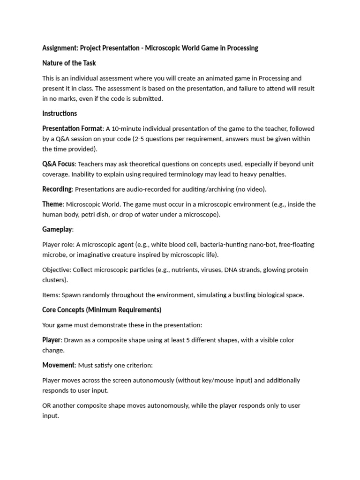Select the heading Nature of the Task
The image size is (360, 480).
tap(69, 63)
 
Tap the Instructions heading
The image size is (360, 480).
tap(60, 113)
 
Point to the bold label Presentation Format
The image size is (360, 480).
tap(72, 128)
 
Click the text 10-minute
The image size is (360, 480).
tap(127, 129)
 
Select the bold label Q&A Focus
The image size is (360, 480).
tap(59, 164)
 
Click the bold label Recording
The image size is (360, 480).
tap(57, 189)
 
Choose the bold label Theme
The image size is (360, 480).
tap(52, 204)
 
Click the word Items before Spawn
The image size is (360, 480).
tap(51, 295)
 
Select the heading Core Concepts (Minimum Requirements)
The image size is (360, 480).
tap(102, 310)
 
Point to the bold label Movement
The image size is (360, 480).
tap(58, 365)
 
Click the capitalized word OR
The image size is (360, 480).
tap(47, 405)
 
